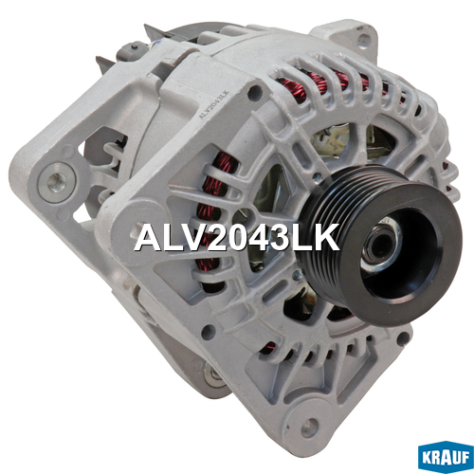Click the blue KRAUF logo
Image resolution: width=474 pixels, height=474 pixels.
446,457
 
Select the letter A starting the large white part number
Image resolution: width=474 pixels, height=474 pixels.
147,238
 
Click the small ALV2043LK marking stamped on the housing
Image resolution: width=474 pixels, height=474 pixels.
213,104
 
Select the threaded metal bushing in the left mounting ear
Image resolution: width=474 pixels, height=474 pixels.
57,183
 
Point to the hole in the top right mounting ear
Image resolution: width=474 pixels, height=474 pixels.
364,40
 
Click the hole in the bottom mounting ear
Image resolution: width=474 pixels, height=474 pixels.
309,428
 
